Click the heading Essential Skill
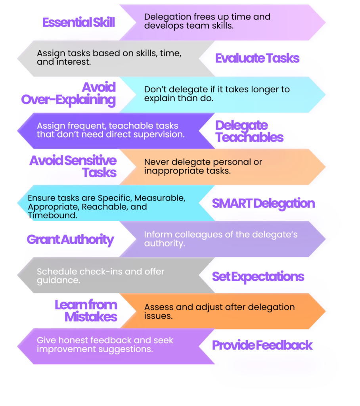(x=79, y=22)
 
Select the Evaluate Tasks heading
(x=257, y=58)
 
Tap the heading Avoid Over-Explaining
(x=68, y=94)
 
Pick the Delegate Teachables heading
(x=249, y=131)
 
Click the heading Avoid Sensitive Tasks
(x=73, y=167)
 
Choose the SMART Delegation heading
(x=263, y=203)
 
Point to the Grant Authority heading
(x=70, y=240)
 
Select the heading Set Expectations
(x=258, y=277)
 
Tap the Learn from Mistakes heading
(x=86, y=311)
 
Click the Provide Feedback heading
(x=262, y=345)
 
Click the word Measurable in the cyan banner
(x=160, y=198)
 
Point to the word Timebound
(x=53, y=215)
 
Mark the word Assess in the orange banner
(x=159, y=307)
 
